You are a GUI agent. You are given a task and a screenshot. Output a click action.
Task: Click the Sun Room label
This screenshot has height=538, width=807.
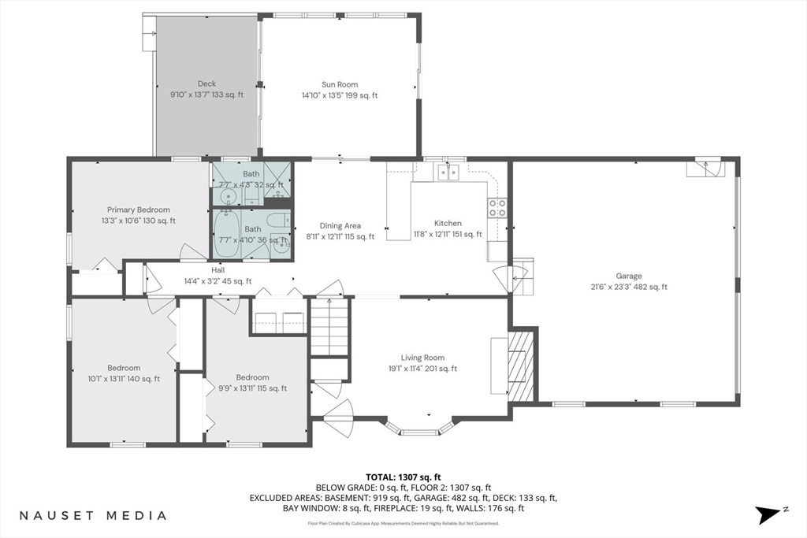pos(340,84)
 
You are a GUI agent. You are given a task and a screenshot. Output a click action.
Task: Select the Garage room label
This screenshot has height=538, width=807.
pos(629,276)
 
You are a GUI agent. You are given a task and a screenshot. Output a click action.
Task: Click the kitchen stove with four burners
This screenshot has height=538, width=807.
pos(497,207)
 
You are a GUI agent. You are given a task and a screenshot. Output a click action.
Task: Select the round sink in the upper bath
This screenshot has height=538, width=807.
pos(229,196)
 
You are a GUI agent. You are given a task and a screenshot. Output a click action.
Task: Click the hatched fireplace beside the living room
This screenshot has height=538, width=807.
pos(520,365)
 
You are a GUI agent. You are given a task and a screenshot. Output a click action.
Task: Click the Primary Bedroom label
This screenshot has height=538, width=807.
pos(139,210)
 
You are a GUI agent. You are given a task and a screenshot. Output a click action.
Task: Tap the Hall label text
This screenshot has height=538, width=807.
pos(218,269)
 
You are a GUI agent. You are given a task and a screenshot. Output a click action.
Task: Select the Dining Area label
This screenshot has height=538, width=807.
pos(340,225)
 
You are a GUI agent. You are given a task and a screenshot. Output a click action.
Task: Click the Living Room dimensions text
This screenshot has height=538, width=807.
pos(422,369)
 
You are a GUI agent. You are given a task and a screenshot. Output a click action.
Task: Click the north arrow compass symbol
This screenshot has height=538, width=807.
pos(769,514)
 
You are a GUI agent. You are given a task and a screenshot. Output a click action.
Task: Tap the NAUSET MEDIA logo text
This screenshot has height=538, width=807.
pos(93,516)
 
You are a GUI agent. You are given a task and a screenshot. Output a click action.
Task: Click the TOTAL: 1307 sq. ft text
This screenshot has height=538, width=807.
pos(403,477)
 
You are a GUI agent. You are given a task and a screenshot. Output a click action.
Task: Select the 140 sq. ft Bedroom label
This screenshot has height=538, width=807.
pos(124,368)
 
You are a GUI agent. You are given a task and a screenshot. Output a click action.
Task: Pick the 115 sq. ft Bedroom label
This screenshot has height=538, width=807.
pos(252,377)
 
